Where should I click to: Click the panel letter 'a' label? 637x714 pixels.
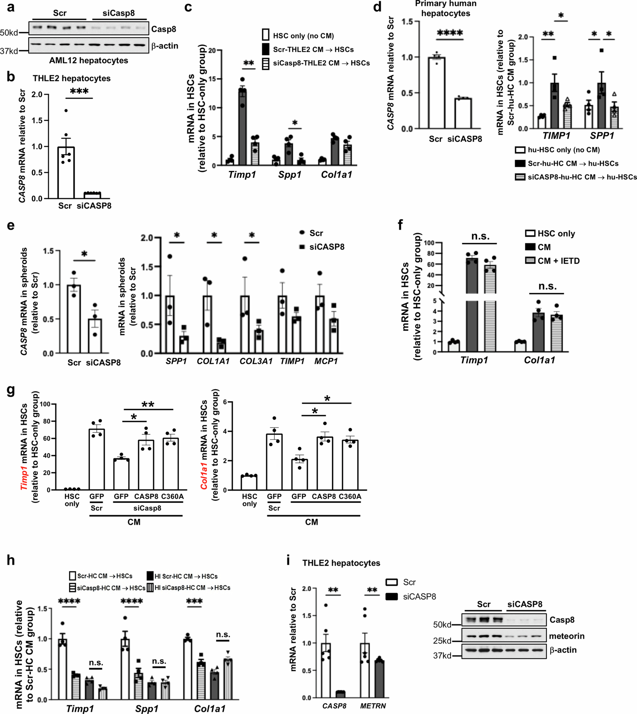coord(11,7)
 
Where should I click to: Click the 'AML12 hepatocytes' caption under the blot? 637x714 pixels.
coord(89,61)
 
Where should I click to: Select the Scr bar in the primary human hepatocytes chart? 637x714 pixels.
coord(436,93)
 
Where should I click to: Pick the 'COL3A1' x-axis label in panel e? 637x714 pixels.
coord(256,361)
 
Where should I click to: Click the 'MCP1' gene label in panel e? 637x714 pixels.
coord(326,361)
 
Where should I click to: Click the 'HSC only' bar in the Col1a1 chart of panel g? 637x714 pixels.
coord(249,483)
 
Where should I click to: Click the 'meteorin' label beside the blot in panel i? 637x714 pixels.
coord(567,636)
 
